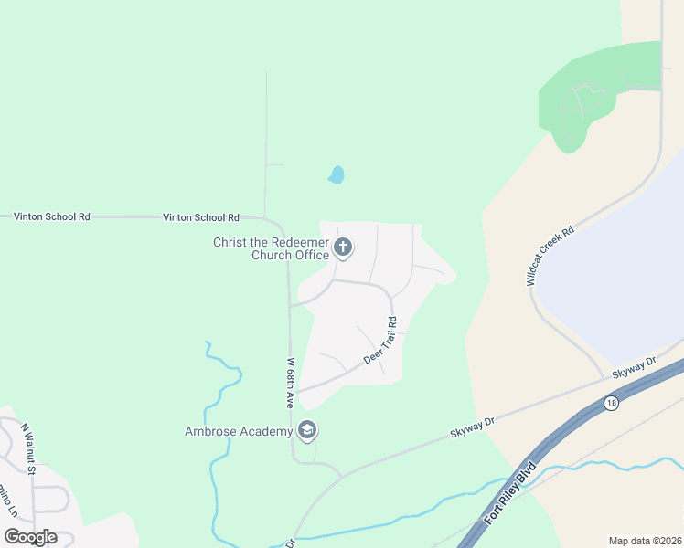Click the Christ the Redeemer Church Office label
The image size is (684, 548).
[271, 248]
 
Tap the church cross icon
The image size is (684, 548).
[343, 247]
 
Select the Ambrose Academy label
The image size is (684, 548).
[238, 431]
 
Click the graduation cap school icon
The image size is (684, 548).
[306, 430]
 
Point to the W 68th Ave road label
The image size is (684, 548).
[290, 382]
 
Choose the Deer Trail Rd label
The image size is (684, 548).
[380, 341]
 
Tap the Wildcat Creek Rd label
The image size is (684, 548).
[550, 257]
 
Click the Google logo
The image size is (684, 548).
[29, 536]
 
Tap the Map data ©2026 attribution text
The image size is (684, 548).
[646, 541]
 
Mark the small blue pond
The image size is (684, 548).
[337, 174]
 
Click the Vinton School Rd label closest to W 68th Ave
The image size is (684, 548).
[200, 217]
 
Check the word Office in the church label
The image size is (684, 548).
[312, 255]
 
